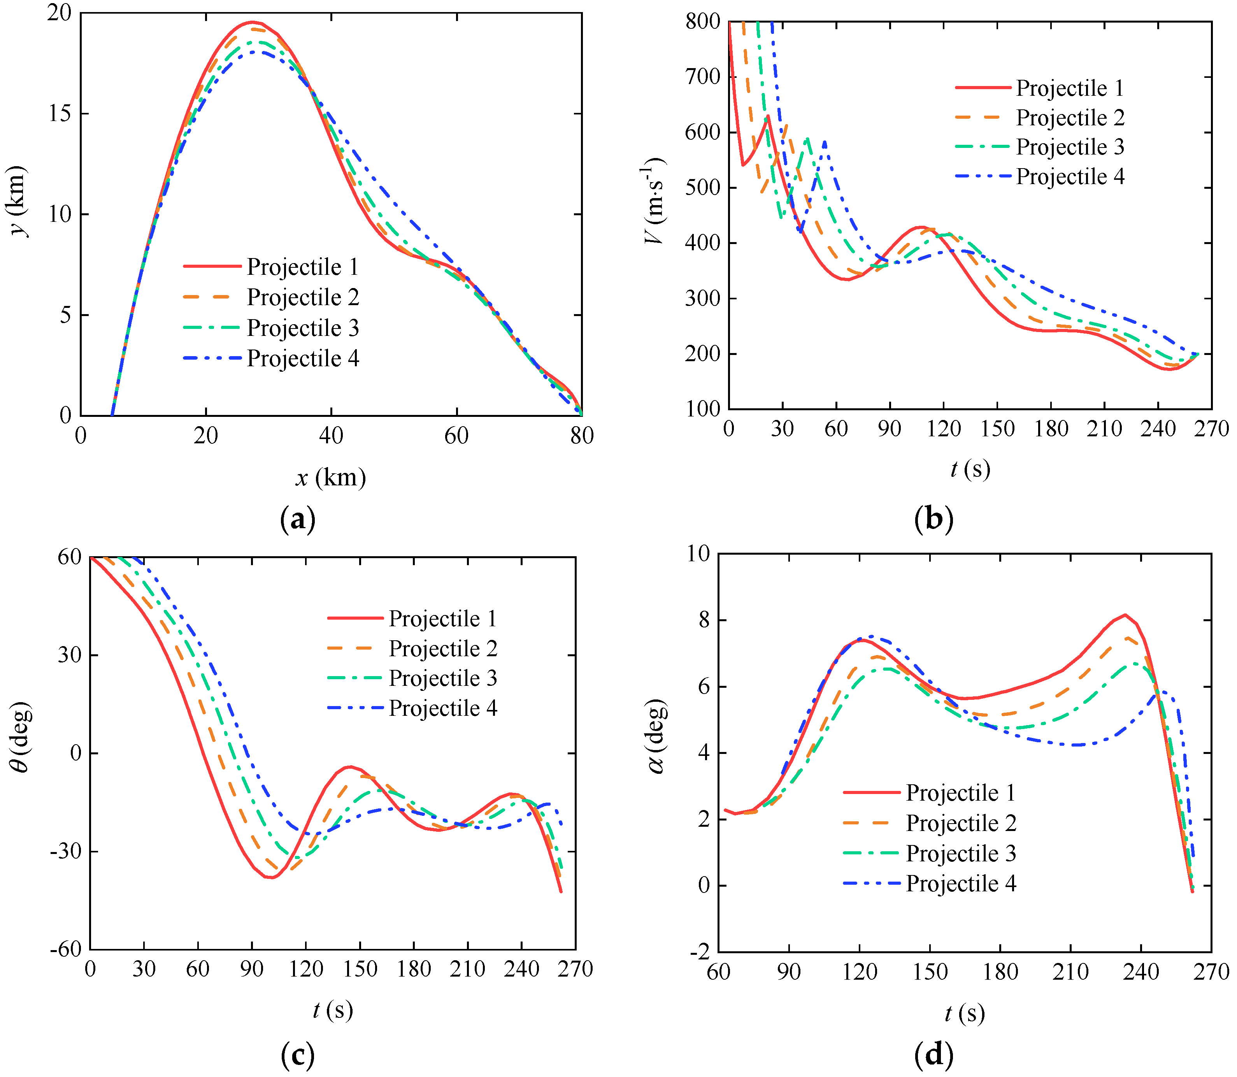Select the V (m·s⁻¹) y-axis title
pyautogui.click(x=654, y=201)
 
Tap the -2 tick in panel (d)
pyautogui.click(x=699, y=951)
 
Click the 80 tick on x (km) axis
pyautogui.click(x=582, y=436)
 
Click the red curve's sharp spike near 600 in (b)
pyautogui.click(x=768, y=116)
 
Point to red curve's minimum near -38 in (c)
pyautogui.click(x=272, y=877)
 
